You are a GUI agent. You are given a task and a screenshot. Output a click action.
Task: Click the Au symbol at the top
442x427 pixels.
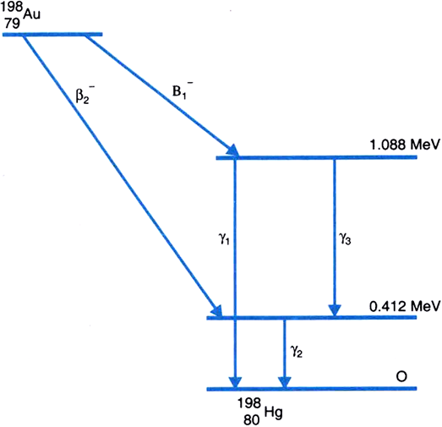click(x=31, y=14)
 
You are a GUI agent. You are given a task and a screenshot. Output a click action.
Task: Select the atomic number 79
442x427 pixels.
click(x=12, y=24)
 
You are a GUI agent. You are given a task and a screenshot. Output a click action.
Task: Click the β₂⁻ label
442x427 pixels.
click(x=85, y=96)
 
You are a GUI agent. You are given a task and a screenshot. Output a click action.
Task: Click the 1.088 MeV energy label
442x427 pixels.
click(x=405, y=145)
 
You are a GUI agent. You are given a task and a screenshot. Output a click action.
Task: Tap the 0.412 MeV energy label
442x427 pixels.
click(x=405, y=305)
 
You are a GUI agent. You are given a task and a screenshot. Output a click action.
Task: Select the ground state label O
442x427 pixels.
click(x=401, y=376)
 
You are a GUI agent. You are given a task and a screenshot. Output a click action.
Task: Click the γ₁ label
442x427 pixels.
click(x=224, y=240)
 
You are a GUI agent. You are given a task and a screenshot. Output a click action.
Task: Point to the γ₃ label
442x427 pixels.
click(x=345, y=239)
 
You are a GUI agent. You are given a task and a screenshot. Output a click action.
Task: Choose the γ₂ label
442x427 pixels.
click(x=297, y=351)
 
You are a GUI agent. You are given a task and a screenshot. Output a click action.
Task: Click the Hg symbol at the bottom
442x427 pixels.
click(x=274, y=413)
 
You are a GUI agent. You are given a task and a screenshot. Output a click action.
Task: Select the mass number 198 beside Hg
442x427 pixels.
click(x=249, y=403)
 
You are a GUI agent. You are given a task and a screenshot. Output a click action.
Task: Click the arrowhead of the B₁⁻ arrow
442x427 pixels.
click(x=233, y=150)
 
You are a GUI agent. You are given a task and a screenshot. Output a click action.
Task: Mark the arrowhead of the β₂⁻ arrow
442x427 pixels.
click(x=216, y=311)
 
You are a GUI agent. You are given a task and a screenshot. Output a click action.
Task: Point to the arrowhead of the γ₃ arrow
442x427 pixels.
click(x=335, y=310)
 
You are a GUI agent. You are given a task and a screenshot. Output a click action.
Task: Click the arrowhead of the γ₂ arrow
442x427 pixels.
click(x=285, y=382)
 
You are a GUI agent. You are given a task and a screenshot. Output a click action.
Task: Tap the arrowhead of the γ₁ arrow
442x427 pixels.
click(x=236, y=382)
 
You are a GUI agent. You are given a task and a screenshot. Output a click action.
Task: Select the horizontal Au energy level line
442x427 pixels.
click(x=52, y=35)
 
